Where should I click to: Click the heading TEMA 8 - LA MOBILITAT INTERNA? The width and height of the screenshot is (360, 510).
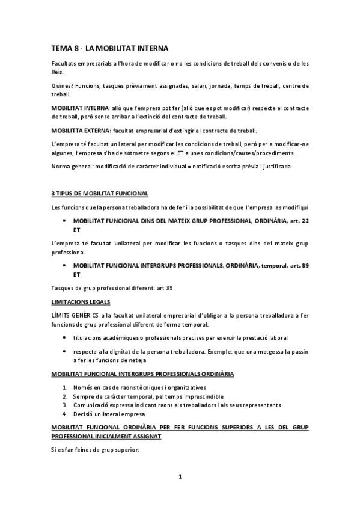(110, 48)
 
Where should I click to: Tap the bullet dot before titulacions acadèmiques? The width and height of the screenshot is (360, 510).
(64, 337)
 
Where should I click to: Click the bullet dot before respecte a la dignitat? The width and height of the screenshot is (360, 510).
(64, 351)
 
